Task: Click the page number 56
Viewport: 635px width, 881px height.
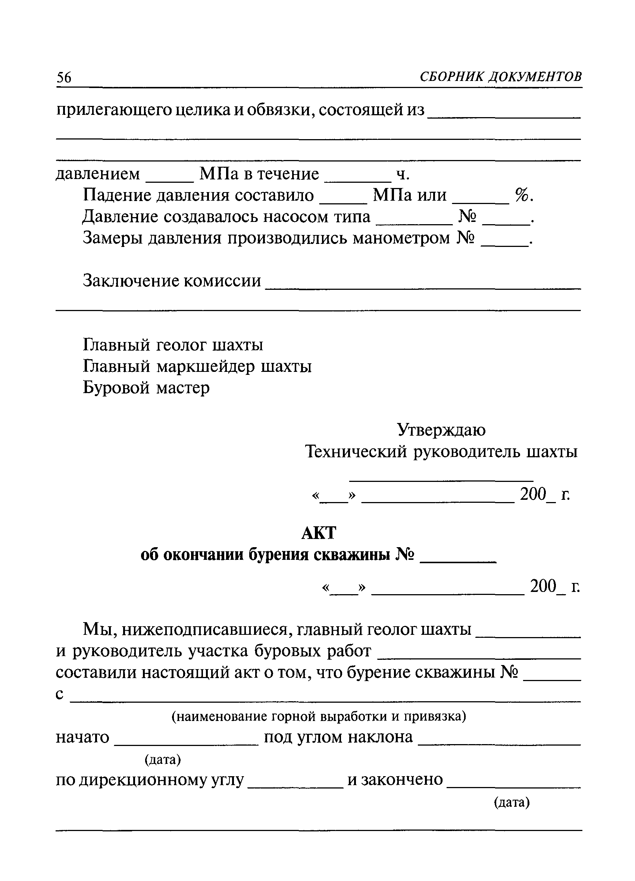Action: [64, 78]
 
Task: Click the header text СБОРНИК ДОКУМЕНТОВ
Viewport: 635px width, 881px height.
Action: [501, 77]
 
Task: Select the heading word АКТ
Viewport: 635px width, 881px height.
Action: [318, 533]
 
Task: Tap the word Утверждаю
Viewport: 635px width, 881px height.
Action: [441, 430]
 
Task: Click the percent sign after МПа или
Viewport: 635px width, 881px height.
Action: [522, 195]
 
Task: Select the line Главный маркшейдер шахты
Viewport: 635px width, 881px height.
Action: [197, 366]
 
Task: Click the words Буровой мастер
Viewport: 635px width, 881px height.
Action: [146, 388]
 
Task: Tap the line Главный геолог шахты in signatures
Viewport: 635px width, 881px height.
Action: [173, 345]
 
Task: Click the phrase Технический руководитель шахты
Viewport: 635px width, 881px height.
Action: [441, 452]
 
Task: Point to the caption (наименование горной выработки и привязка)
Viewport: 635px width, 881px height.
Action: [319, 716]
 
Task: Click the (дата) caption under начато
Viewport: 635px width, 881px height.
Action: [163, 759]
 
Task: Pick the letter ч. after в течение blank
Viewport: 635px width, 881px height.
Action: [403, 175]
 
